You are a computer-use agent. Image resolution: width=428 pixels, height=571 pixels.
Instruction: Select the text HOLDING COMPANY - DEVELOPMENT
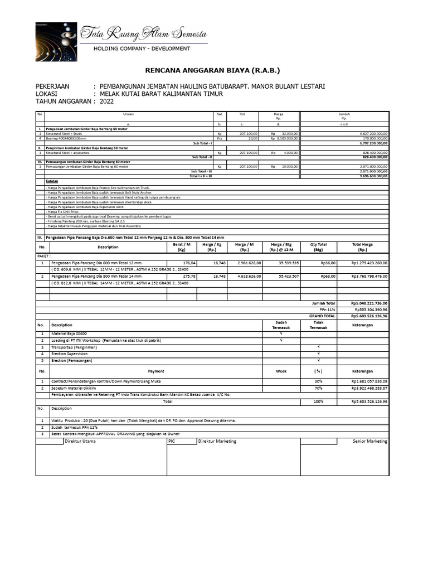pos(142,49)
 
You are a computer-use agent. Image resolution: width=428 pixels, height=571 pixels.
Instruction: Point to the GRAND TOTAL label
pos(323,316)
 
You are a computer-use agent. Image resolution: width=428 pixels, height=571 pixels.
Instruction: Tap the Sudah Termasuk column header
pos(281,325)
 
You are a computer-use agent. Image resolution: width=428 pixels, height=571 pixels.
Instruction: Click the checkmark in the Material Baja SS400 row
pos(281,333)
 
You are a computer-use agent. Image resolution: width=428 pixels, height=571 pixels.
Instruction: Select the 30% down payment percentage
pos(319,381)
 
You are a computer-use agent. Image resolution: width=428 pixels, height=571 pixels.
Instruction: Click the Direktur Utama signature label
pos(80,441)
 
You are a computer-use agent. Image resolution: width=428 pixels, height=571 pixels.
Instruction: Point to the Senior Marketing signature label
pos(370,441)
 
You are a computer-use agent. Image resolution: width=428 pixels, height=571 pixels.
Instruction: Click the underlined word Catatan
pos(53,181)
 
